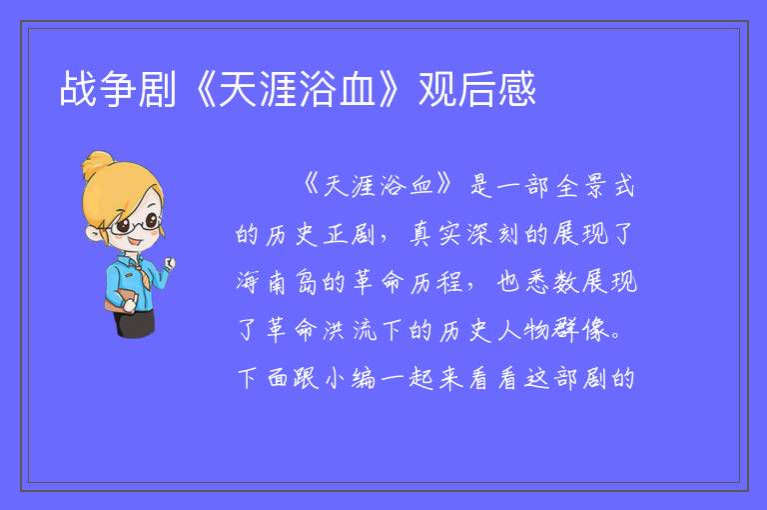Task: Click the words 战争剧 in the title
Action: [x=118, y=89]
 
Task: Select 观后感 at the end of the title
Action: [x=477, y=89]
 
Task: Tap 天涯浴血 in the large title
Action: [x=297, y=89]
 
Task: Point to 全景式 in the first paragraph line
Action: [x=595, y=186]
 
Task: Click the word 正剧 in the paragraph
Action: [x=350, y=234]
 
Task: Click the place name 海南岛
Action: [x=278, y=282]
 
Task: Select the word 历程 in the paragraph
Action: [x=436, y=282]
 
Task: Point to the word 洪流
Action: [x=350, y=330]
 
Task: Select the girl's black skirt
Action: [x=135, y=323]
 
